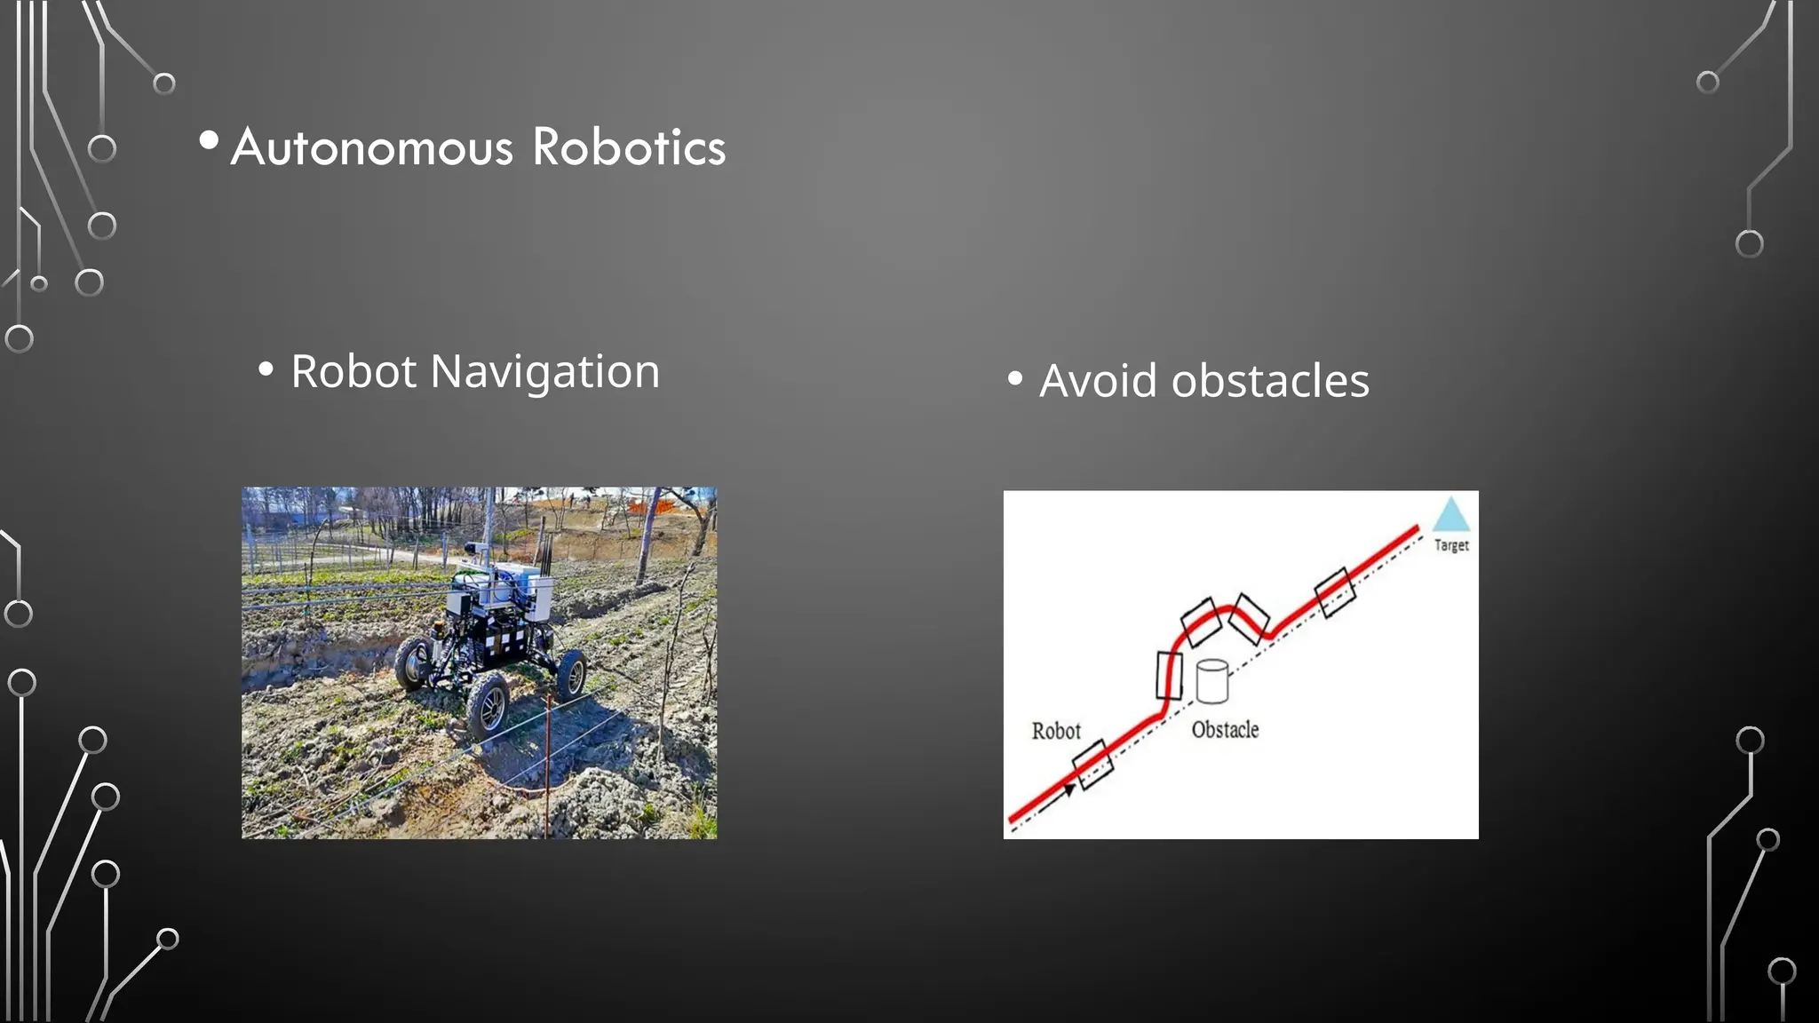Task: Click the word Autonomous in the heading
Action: (371, 147)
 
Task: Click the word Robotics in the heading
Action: (629, 147)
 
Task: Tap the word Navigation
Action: (544, 372)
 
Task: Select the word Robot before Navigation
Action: (353, 371)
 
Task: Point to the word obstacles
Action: (1270, 381)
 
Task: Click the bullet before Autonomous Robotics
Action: (210, 140)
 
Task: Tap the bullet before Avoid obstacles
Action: (1015, 379)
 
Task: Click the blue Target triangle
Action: (1451, 516)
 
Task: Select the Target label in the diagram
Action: (1451, 545)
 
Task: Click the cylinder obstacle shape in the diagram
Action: (1211, 682)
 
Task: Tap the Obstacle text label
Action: (1225, 730)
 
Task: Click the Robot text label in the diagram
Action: (1056, 732)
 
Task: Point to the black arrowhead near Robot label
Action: (1069, 790)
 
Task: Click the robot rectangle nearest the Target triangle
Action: (1335, 593)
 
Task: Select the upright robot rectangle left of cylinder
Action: (1169, 676)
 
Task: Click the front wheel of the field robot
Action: (488, 706)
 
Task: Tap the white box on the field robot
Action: (538, 597)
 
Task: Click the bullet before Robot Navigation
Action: (266, 369)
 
